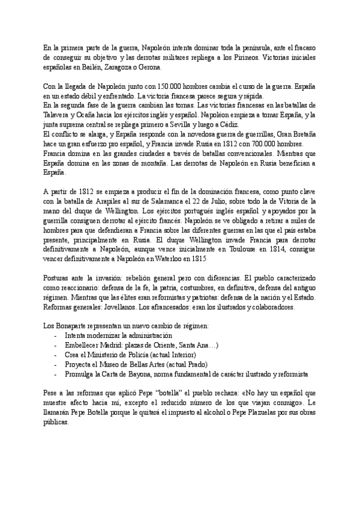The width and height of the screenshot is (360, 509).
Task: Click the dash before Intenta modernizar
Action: click(x=56, y=336)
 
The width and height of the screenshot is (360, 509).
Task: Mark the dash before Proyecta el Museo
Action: click(x=56, y=365)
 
